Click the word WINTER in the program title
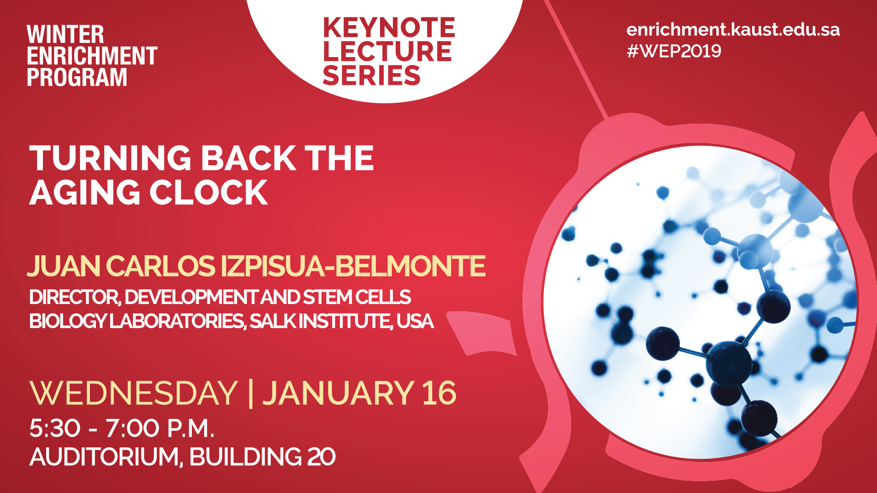pyautogui.click(x=65, y=35)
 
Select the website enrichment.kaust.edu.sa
pyautogui.click(x=733, y=30)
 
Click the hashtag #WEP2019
pyautogui.click(x=674, y=51)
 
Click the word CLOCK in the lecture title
pyautogui.click(x=209, y=192)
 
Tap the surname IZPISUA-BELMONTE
pyautogui.click(x=353, y=266)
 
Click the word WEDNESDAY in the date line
pyautogui.click(x=133, y=393)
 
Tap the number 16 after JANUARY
pyautogui.click(x=439, y=393)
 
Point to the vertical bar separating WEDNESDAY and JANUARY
pyautogui.click(x=250, y=393)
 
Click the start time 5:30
pyautogui.click(x=55, y=428)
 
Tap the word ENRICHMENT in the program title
pyautogui.click(x=92, y=56)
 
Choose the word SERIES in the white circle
pyautogui.click(x=371, y=75)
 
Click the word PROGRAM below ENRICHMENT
pyautogui.click(x=77, y=77)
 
